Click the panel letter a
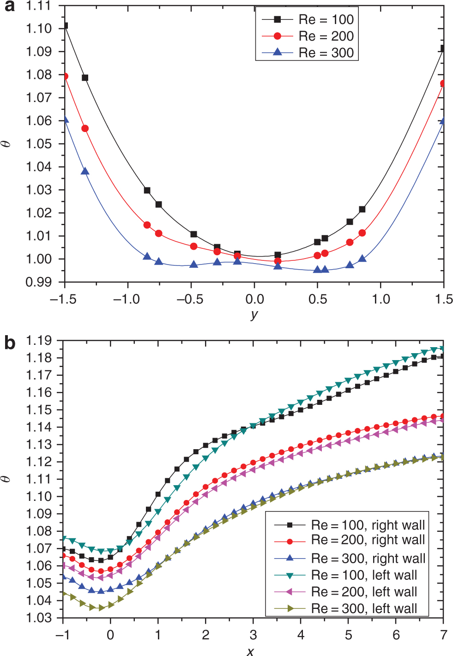click(9, 7)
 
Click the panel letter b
click(10, 343)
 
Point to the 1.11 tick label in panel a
click(39, 6)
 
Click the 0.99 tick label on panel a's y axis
click(39, 282)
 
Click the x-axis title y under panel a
click(254, 315)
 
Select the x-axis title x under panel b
click(250, 651)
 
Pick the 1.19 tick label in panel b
click(38, 341)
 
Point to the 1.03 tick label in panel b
click(38, 618)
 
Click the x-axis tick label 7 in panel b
click(443, 635)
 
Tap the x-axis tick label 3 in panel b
click(253, 635)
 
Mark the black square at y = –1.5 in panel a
click(65, 26)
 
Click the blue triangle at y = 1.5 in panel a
click(443, 121)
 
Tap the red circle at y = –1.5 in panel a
click(65, 76)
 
